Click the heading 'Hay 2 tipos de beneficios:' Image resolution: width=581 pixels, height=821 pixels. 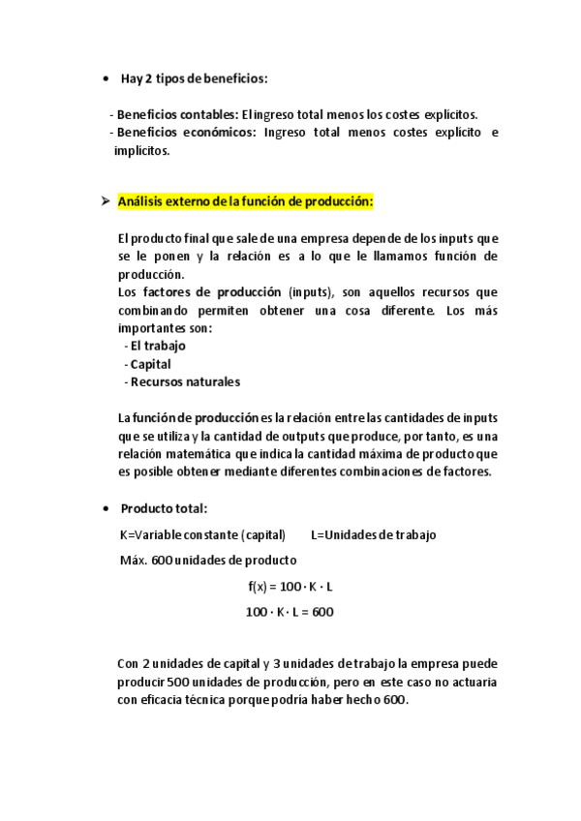[194, 78]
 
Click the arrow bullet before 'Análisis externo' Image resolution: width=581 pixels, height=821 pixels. [105, 202]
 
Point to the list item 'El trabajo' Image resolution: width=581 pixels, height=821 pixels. [158, 346]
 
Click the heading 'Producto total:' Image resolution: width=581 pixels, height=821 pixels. [164, 509]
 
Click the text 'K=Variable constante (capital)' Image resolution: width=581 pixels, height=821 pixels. [202, 534]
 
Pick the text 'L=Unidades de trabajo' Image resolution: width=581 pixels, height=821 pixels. [374, 534]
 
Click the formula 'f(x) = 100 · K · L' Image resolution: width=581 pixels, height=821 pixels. [290, 587]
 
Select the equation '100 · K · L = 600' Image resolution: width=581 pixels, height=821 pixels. [290, 612]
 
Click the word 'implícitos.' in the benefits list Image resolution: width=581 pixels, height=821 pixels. [141, 150]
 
